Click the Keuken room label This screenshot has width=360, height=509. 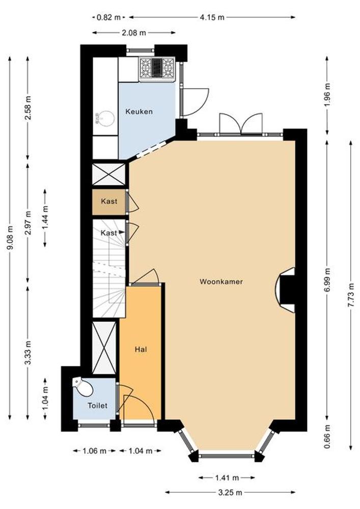(139, 111)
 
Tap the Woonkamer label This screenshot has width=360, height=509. (221, 281)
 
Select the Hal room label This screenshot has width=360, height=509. (141, 349)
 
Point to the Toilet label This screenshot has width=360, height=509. (97, 406)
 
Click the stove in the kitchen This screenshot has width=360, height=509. (157, 69)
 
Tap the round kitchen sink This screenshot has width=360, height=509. (105, 119)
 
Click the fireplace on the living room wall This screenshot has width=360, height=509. (286, 290)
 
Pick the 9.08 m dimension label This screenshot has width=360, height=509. (10, 238)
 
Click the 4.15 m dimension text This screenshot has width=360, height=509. (212, 17)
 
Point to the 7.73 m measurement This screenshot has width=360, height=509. (351, 295)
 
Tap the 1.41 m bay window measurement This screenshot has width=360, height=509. (227, 477)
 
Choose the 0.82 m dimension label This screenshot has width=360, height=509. (109, 17)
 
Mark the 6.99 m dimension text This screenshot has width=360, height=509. (327, 280)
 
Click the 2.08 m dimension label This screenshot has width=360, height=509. (134, 33)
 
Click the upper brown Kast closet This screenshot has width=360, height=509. (109, 202)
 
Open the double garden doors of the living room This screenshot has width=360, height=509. (241, 124)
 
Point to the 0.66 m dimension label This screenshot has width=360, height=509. (327, 437)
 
